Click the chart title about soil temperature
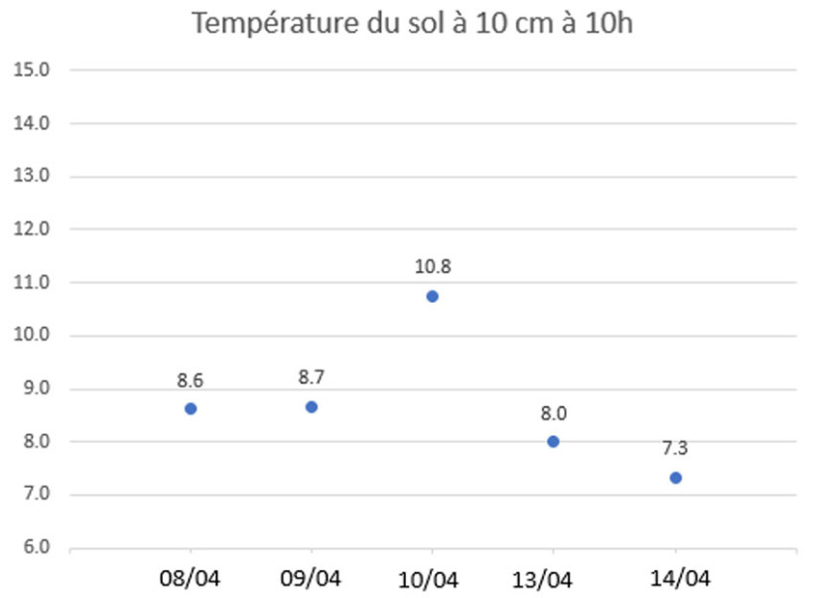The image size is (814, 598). [411, 24]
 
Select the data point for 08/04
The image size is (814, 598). [191, 408]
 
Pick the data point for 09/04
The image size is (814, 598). [312, 406]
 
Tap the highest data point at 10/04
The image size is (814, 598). [432, 296]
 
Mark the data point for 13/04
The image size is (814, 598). [553, 441]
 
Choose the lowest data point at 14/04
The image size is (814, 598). [676, 478]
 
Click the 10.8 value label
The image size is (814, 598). [432, 267]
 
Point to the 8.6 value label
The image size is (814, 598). [191, 379]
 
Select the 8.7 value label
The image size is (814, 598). [312, 377]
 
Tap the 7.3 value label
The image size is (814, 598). [676, 448]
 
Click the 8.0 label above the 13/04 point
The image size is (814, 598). [553, 413]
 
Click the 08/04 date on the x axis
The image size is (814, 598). [191, 578]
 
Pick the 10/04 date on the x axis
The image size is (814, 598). [432, 578]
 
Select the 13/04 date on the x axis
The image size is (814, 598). [553, 578]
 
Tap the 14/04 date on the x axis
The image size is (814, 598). [676, 578]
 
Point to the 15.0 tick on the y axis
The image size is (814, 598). [36, 70]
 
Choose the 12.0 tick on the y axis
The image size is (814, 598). [36, 229]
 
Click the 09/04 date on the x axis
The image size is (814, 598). [312, 578]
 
